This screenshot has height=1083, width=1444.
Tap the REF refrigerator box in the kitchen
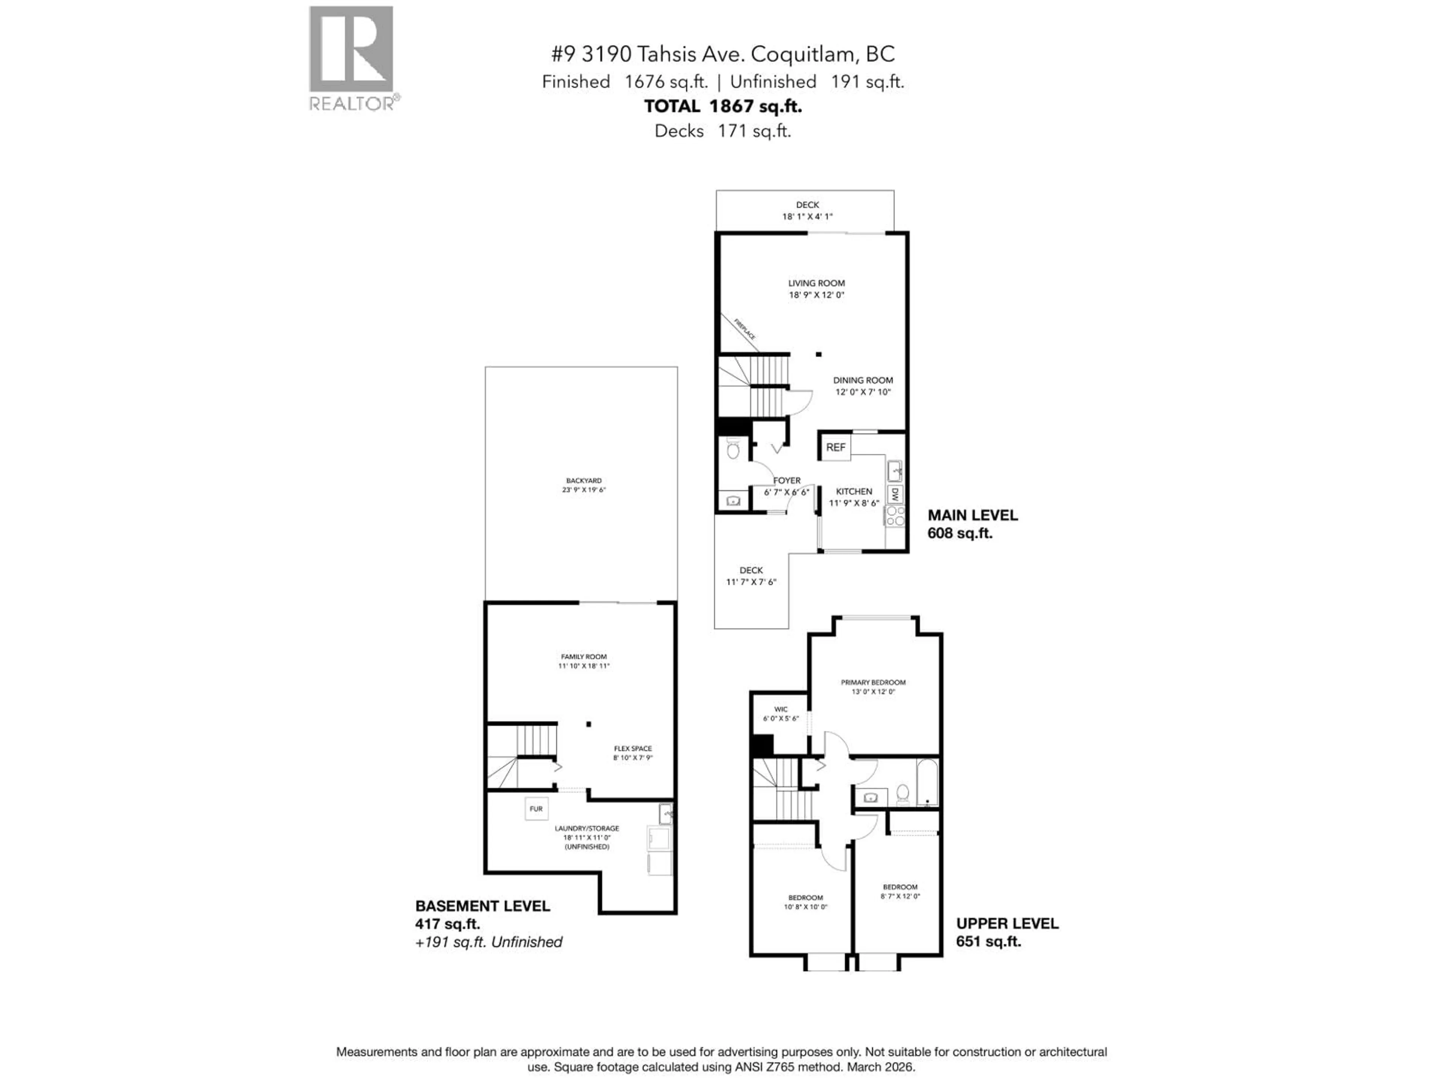pyautogui.click(x=836, y=447)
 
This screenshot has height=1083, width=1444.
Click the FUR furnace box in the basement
pyautogui.click(x=536, y=809)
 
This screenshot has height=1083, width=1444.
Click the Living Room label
pyautogui.click(x=816, y=283)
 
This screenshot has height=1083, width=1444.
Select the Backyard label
pyautogui.click(x=584, y=481)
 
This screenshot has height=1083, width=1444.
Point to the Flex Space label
pyautogui.click(x=633, y=749)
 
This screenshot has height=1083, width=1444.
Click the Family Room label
pyautogui.click(x=584, y=657)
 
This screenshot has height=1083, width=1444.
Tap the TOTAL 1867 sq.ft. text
pyautogui.click(x=723, y=106)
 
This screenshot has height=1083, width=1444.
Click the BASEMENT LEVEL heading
pyautogui.click(x=482, y=906)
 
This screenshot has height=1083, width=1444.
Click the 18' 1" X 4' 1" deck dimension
pyautogui.click(x=807, y=217)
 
